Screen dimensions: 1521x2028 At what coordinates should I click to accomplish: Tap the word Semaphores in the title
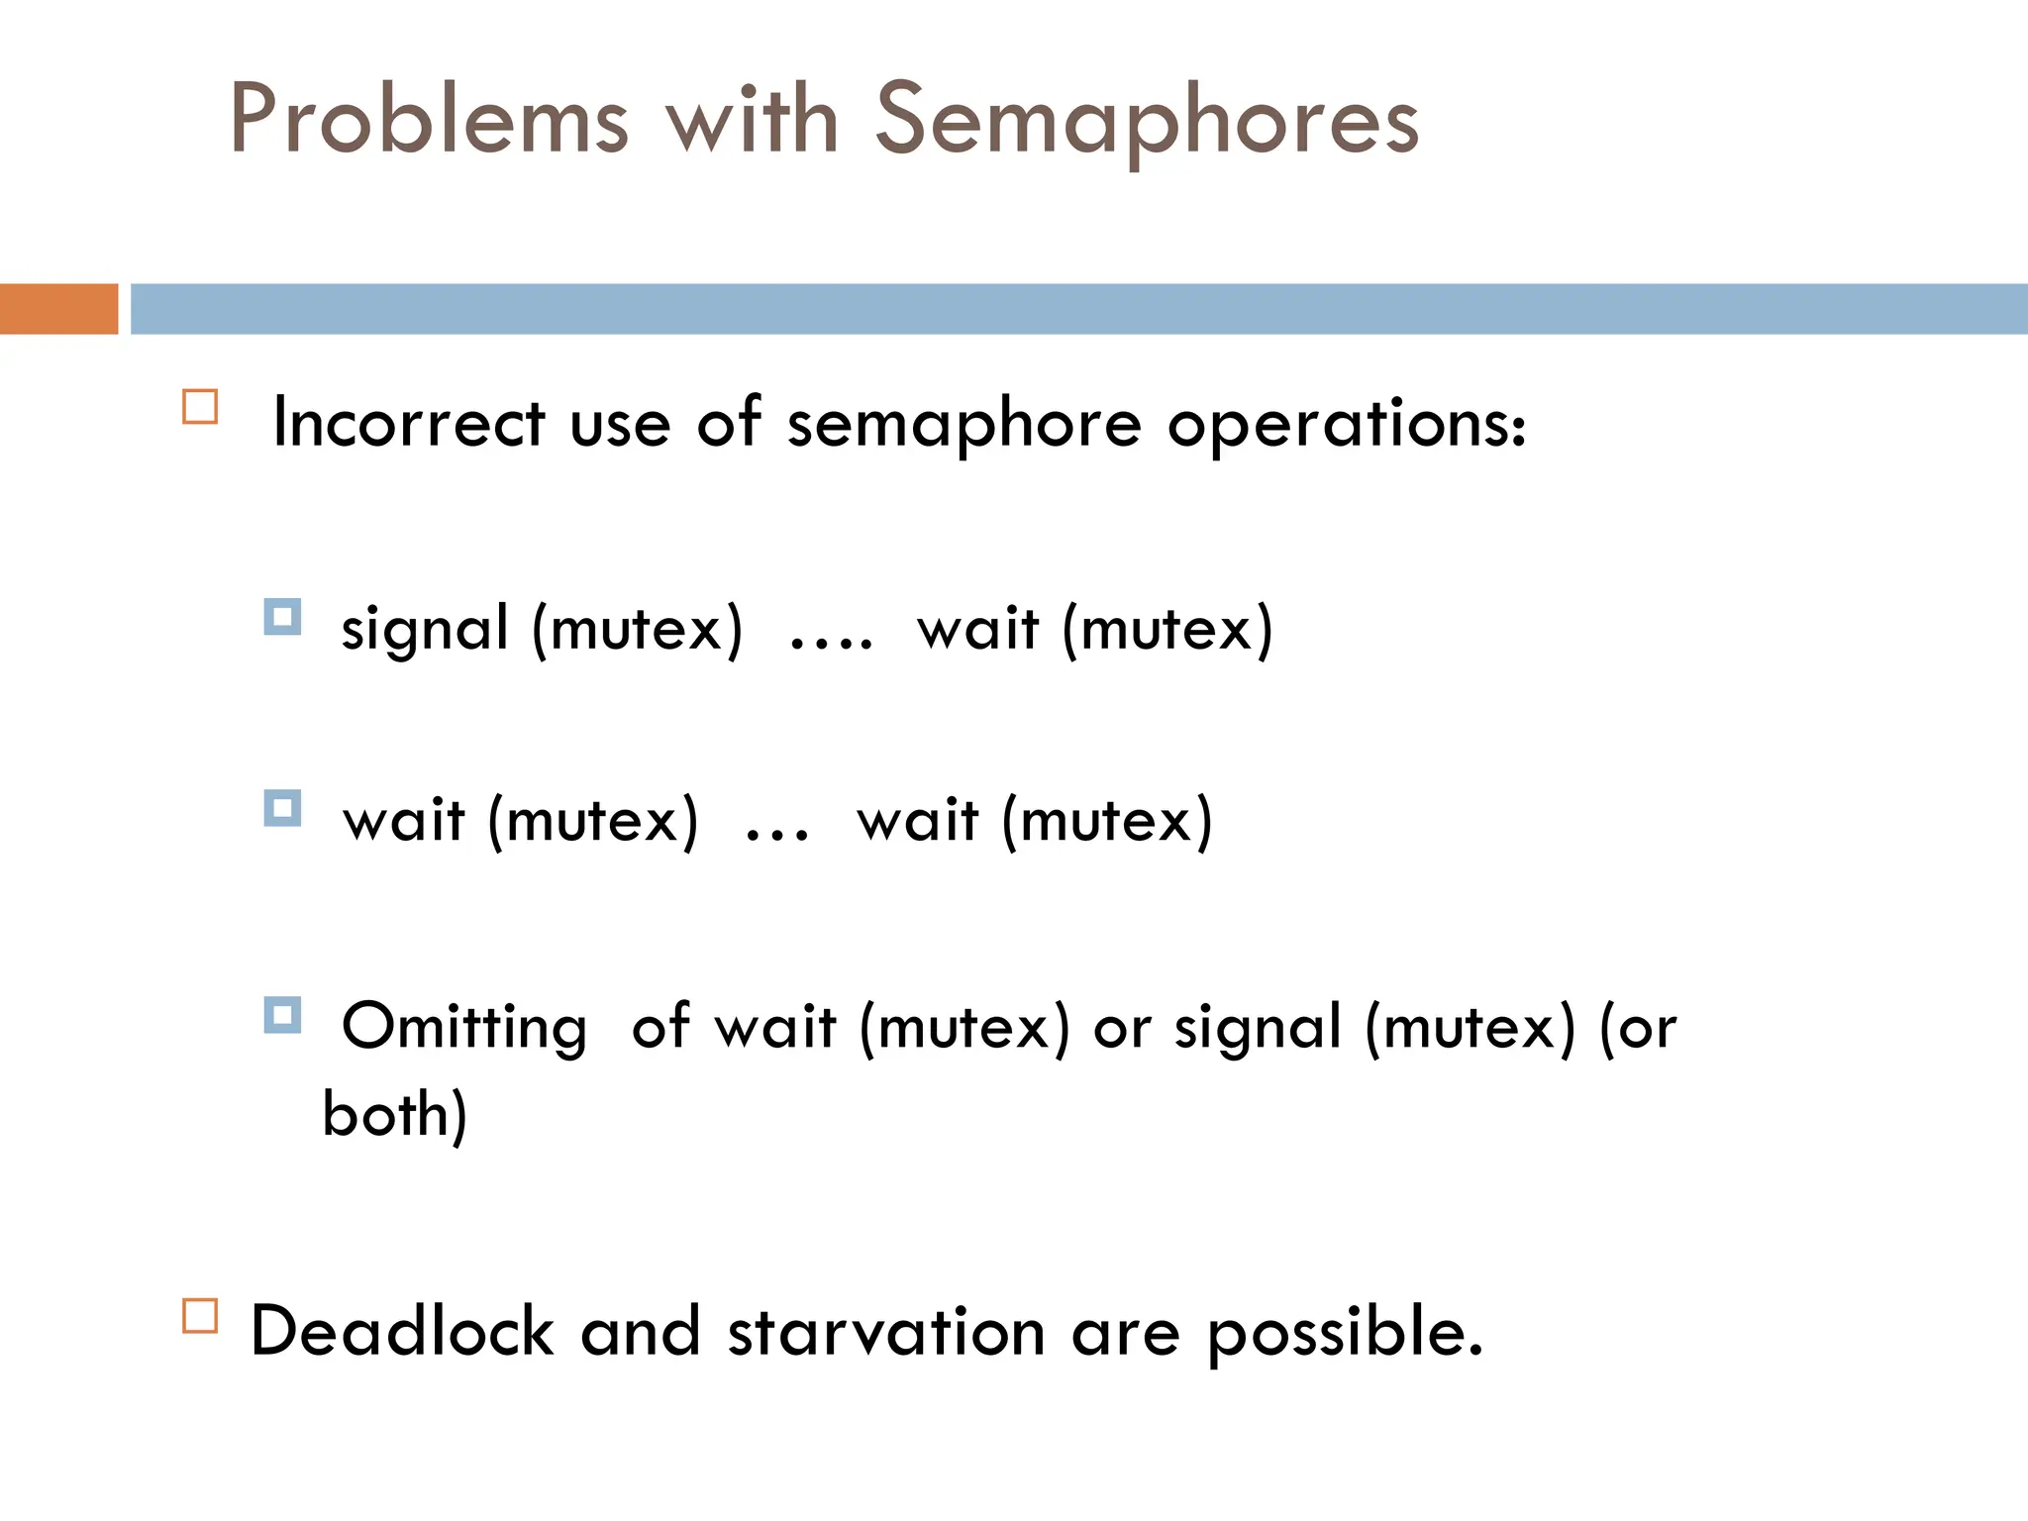pos(1147,121)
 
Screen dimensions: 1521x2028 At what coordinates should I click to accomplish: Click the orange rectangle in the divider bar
pos(58,309)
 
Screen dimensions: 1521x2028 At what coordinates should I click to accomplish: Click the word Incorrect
pos(408,423)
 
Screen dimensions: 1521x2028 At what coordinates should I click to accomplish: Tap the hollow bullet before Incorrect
pos(200,407)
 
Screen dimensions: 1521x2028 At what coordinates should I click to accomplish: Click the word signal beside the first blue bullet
pos(425,630)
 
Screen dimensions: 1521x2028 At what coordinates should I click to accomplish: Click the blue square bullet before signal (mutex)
pos(282,617)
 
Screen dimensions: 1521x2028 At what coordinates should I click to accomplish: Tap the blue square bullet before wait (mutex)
pos(282,808)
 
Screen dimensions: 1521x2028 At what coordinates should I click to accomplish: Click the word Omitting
pos(463,1028)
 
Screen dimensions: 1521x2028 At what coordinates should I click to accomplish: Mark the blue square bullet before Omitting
pos(282,1015)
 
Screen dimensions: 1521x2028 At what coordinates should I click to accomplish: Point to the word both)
pos(394,1115)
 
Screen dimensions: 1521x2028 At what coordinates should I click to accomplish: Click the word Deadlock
pos(401,1331)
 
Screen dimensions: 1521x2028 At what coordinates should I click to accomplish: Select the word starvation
pos(886,1331)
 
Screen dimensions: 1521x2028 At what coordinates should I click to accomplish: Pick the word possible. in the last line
pos(1345,1333)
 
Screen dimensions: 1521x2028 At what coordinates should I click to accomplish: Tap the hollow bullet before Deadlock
pos(200,1316)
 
